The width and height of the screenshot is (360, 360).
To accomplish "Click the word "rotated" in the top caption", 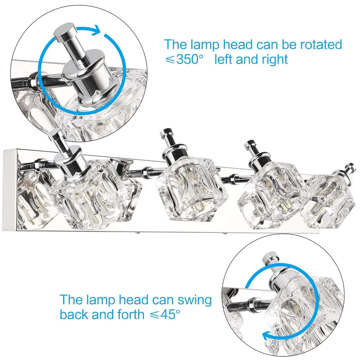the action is click(321, 45).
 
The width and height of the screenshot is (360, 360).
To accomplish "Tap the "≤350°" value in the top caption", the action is click(184, 59).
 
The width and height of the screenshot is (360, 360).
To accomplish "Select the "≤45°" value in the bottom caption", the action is click(165, 314).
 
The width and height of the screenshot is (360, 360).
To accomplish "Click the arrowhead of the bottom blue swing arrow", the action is click(266, 336).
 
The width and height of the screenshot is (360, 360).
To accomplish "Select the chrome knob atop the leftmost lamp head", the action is click(54, 135).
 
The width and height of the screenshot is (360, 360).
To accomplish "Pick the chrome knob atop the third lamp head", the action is click(249, 144).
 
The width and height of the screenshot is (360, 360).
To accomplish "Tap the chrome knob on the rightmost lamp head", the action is click(350, 166).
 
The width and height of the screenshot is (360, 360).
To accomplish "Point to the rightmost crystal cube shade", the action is click(328, 202).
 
